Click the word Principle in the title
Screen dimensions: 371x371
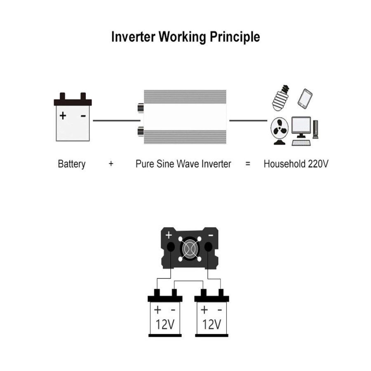pos(235,37)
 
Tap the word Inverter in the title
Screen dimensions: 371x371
pos(133,37)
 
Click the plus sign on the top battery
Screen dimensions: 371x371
pos(63,115)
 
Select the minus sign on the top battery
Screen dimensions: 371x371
pos(83,116)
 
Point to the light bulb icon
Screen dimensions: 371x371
pos(281,98)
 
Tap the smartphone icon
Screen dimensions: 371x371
pos(305,99)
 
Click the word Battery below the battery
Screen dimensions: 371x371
pos(72,164)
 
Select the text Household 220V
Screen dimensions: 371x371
pos(296,164)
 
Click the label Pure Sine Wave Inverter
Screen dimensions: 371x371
pos(183,164)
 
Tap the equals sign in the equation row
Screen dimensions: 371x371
pos(248,164)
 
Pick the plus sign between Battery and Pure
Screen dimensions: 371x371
pos(111,164)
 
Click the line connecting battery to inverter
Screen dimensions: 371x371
pos(116,121)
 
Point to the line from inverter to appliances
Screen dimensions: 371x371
pos(248,121)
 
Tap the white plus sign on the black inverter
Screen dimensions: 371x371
pos(168,235)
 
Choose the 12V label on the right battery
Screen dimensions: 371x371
pos(211,324)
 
